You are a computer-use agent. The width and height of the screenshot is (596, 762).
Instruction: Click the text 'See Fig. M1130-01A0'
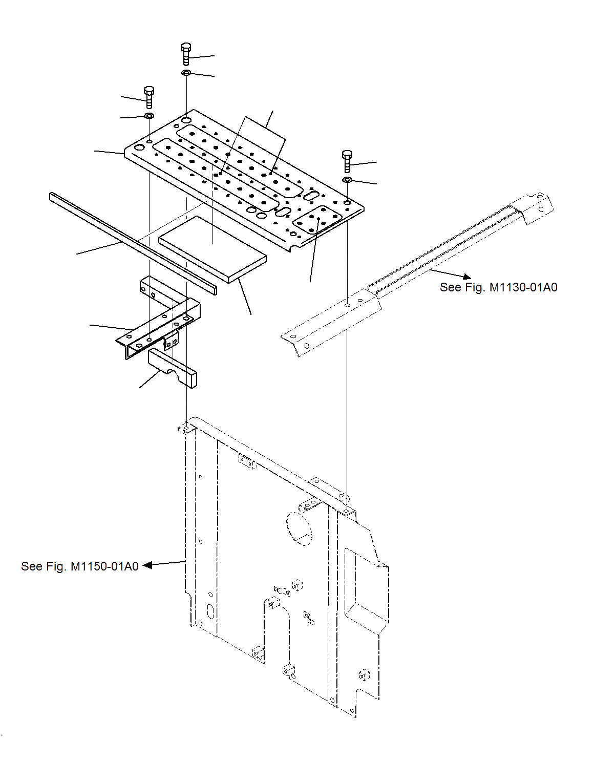pyautogui.click(x=498, y=287)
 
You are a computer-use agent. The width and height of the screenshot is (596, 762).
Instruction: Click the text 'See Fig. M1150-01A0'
pyautogui.click(x=80, y=566)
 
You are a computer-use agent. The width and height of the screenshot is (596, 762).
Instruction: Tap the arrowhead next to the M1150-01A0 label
pyautogui.click(x=147, y=565)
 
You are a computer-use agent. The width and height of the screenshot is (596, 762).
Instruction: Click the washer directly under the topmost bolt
pyautogui.click(x=186, y=73)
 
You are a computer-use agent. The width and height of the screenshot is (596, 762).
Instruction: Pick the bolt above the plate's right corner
pyautogui.click(x=347, y=161)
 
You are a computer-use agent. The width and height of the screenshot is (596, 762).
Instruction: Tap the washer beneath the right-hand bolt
pyautogui.click(x=347, y=180)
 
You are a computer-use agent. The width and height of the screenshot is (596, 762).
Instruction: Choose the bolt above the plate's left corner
pyautogui.click(x=149, y=97)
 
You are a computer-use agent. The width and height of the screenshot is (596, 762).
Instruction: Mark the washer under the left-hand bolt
pyautogui.click(x=149, y=116)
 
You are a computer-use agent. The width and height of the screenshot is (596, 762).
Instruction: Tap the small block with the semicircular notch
pyautogui.click(x=173, y=367)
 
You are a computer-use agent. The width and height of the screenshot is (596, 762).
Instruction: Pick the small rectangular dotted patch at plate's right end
pyautogui.click(x=318, y=220)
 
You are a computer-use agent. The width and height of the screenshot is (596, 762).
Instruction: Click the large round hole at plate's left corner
pyautogui.click(x=139, y=147)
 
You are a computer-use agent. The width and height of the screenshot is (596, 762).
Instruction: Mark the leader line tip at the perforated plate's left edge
pyautogui.click(x=125, y=153)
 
